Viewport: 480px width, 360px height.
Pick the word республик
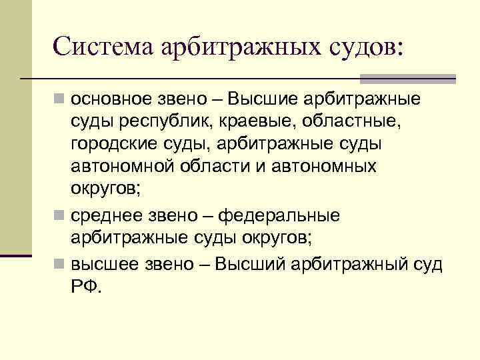167,123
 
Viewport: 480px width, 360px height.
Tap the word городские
114,144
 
